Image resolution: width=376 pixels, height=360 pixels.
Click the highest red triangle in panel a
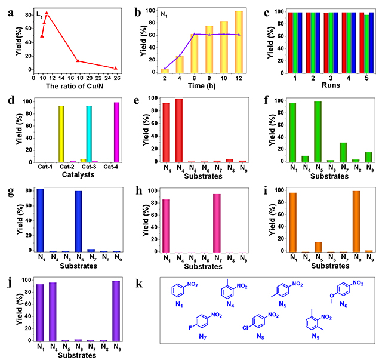(47, 12)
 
